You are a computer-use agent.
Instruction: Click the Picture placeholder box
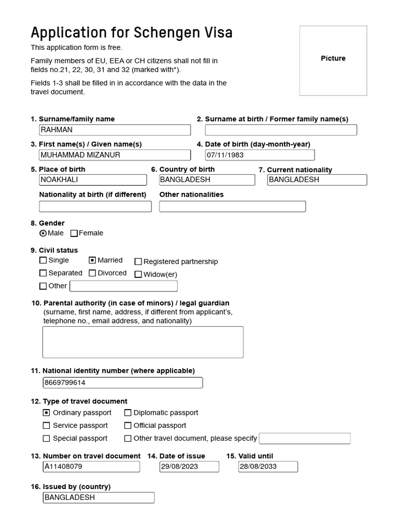coord(333,61)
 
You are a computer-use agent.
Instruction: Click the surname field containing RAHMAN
coord(115,130)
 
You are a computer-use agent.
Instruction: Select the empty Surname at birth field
coord(281,130)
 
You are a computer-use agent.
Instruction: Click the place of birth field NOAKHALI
coord(93,180)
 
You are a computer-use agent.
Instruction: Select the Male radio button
coord(43,233)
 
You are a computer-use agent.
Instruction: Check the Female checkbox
coord(74,233)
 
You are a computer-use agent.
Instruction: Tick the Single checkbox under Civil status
coord(43,260)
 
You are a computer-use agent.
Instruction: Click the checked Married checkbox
coord(92,260)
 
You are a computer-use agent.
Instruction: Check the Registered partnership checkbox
coord(138,262)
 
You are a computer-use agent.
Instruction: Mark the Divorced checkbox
coord(92,273)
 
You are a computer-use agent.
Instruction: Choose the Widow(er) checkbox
coord(138,275)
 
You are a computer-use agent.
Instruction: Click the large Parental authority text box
coord(143,342)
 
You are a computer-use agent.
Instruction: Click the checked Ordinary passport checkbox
coord(47,413)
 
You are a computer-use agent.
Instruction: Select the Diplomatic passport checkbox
coord(127,413)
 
